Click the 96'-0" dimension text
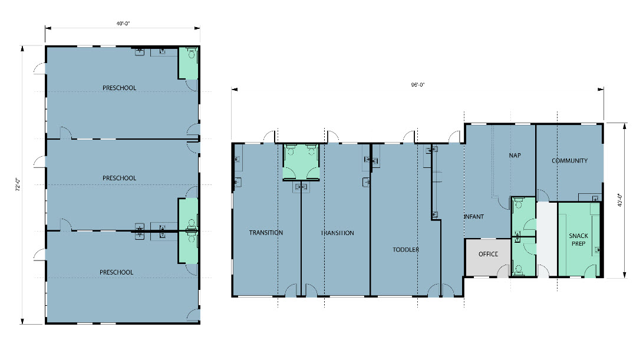(418, 85)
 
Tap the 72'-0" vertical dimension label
(18, 184)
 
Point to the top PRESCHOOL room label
(119, 88)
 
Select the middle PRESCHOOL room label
(119, 178)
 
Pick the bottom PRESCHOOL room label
(117, 272)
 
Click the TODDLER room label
(406, 249)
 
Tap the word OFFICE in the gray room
(489, 254)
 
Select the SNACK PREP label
(579, 239)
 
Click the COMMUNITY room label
(569, 161)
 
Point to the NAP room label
(515, 156)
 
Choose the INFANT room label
(474, 216)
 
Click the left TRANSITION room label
(266, 233)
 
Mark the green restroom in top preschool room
(188, 62)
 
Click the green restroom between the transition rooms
(301, 162)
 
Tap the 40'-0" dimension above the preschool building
(123, 24)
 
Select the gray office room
(487, 257)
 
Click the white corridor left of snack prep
(547, 239)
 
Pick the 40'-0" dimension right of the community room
(619, 200)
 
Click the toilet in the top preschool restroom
(191, 53)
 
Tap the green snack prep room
(579, 239)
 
